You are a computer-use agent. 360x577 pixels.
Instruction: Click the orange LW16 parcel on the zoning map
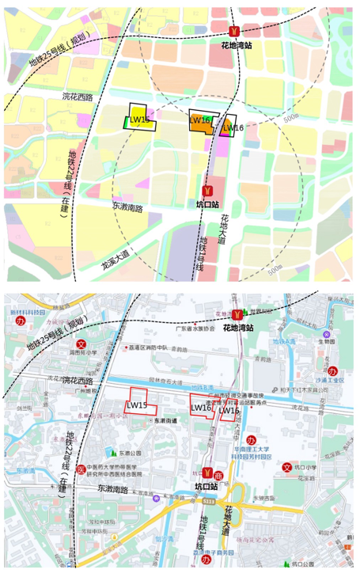(x=200, y=120)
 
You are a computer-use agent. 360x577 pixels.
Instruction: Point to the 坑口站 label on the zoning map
(x=207, y=207)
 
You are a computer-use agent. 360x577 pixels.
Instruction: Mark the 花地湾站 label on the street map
(x=237, y=327)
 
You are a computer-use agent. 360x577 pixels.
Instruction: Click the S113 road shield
(x=208, y=501)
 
